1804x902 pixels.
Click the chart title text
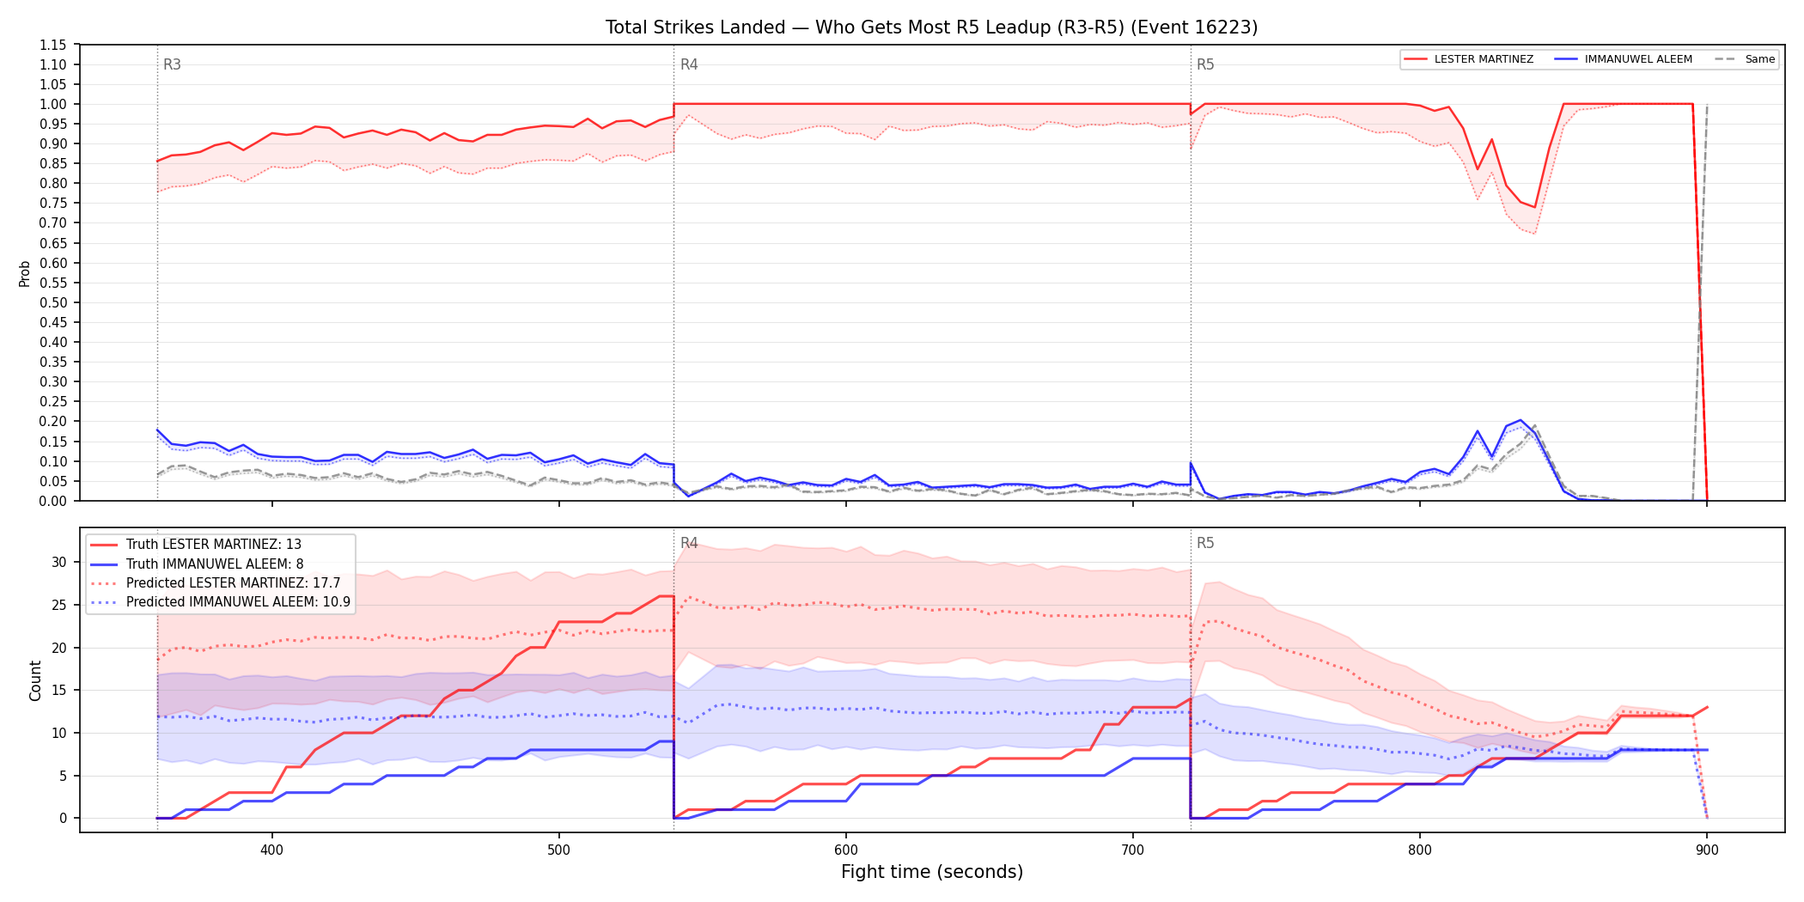[x=931, y=27]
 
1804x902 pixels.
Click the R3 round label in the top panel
[x=172, y=64]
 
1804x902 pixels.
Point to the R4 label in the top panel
[x=689, y=64]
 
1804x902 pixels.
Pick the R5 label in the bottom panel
[x=1205, y=543]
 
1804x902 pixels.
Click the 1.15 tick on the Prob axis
[x=53, y=45]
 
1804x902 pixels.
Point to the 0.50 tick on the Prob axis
[x=53, y=302]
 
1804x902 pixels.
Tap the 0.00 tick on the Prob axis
[x=53, y=501]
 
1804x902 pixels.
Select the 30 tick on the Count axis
[x=58, y=563]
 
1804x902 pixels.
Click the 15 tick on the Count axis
[x=58, y=691]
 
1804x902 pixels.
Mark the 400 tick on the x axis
[x=271, y=850]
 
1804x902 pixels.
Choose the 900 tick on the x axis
[x=1707, y=850]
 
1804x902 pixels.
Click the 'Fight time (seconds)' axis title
[x=932, y=872]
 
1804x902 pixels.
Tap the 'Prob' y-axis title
[x=25, y=273]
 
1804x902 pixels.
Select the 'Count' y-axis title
[x=35, y=680]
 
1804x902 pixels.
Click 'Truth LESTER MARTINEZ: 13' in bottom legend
[x=214, y=545]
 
